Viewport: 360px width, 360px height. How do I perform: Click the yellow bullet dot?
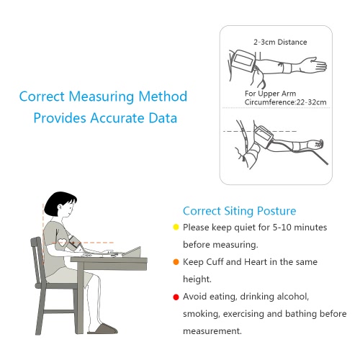pyautogui.click(x=176, y=227)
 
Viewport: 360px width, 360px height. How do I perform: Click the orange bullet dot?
pyautogui.click(x=176, y=262)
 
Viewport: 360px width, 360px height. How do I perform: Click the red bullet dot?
pyautogui.click(x=176, y=297)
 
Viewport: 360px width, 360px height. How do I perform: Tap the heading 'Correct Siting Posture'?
pyautogui.click(x=239, y=211)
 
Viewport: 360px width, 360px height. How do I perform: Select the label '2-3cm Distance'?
pyautogui.click(x=280, y=42)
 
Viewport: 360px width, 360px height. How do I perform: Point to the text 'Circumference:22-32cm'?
pyautogui.click(x=285, y=102)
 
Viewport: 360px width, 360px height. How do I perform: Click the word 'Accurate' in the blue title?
pyautogui.click(x=117, y=118)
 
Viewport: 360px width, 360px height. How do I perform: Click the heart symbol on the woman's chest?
pyautogui.click(x=62, y=242)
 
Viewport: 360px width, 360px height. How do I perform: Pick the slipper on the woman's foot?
pyautogui.click(x=103, y=329)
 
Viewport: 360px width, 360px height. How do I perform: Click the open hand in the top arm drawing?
pyautogui.click(x=315, y=64)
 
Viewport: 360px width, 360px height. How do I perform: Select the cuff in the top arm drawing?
pyautogui.click(x=243, y=60)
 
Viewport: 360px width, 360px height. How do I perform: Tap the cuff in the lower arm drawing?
pyautogui.click(x=264, y=135)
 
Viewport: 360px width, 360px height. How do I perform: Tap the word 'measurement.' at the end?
pyautogui.click(x=212, y=331)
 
